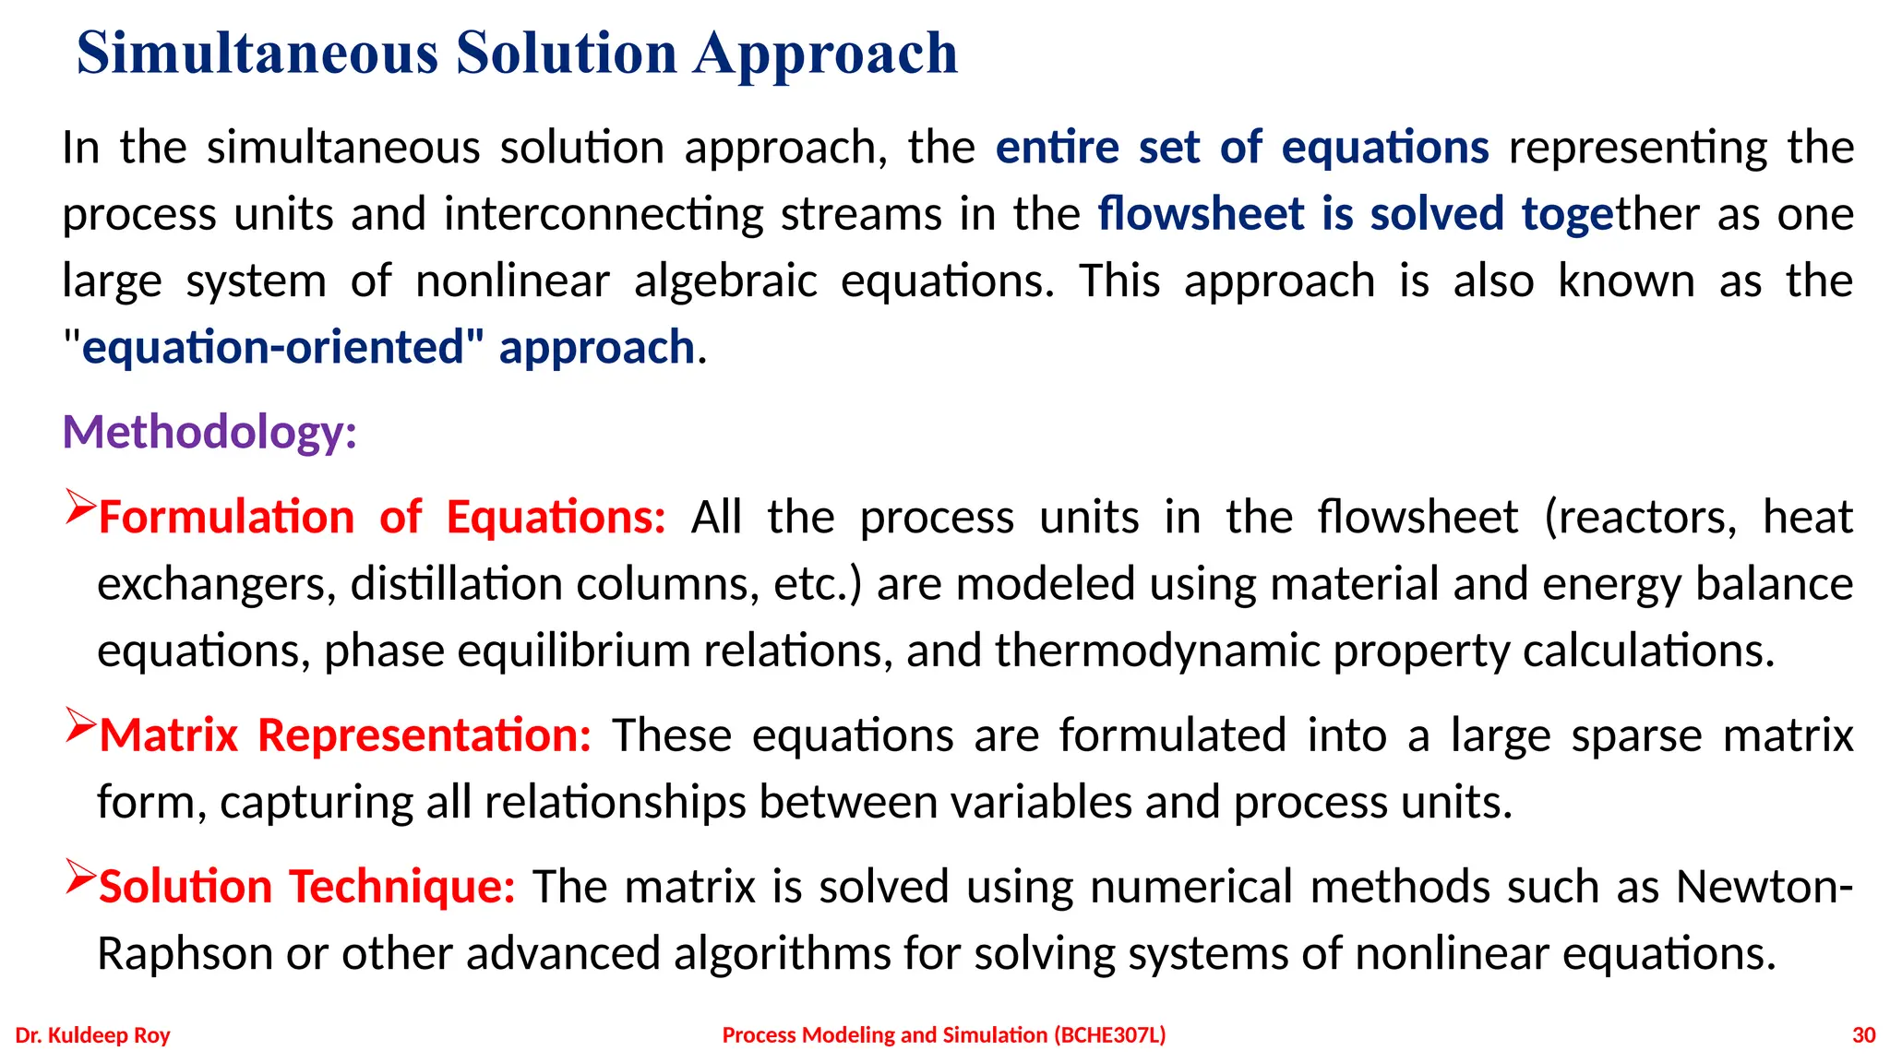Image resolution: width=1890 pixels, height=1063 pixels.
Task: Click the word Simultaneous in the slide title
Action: [x=257, y=53]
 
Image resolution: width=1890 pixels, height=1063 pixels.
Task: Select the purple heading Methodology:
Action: [x=209, y=432]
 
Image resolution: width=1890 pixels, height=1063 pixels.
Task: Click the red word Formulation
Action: [x=227, y=517]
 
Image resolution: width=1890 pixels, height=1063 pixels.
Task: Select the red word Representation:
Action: [x=425, y=735]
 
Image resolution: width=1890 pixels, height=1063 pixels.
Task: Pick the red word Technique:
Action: [x=402, y=887]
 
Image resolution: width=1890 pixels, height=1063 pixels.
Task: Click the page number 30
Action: [x=1863, y=1035]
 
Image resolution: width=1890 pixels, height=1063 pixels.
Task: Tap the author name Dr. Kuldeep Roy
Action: [x=93, y=1035]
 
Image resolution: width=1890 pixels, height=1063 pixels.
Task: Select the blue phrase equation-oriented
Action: [x=271, y=348]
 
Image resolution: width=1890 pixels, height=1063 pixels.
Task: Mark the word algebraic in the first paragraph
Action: [x=725, y=281]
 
